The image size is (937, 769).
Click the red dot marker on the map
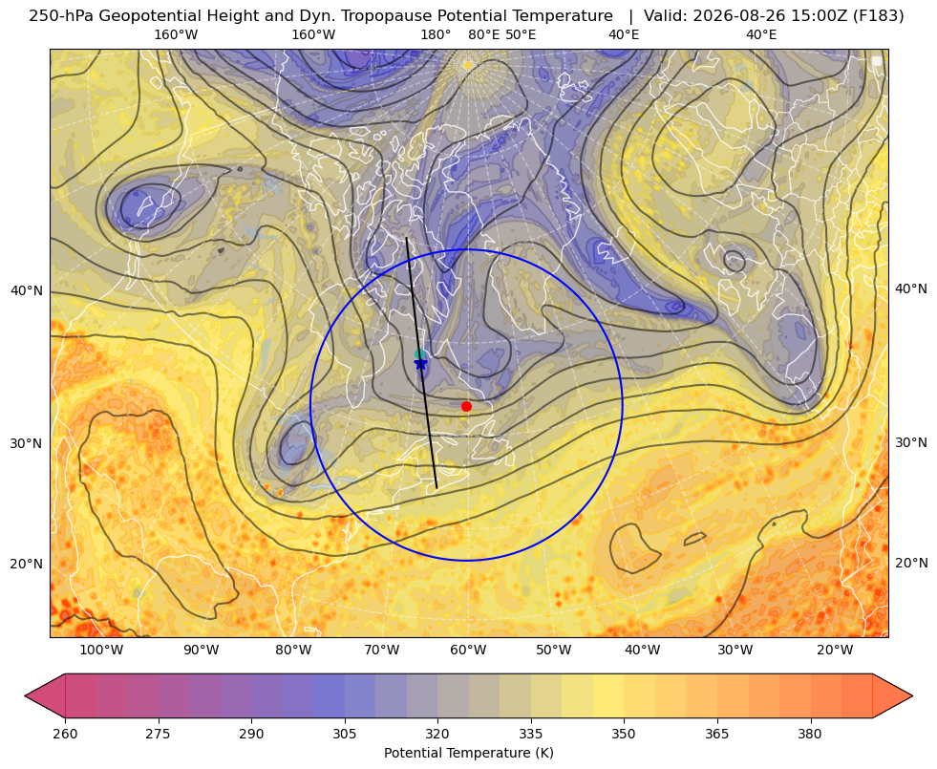(x=467, y=406)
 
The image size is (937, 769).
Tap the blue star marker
(x=420, y=363)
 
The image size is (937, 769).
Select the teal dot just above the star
(x=420, y=354)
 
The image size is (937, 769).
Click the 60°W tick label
(x=468, y=651)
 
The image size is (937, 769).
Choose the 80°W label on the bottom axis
(x=293, y=651)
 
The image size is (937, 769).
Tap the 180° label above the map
(x=436, y=34)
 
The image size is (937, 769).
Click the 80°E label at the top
(x=483, y=34)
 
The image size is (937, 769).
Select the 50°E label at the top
(x=521, y=34)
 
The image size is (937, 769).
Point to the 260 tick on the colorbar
(x=65, y=734)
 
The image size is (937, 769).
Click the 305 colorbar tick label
(x=344, y=734)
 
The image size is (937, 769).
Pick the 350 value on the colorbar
(x=624, y=734)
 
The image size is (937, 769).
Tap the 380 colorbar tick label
(x=810, y=734)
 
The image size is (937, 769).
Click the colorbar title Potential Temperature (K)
(x=468, y=753)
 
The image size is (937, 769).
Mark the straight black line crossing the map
(x=422, y=363)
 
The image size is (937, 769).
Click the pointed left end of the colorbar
(x=26, y=695)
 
